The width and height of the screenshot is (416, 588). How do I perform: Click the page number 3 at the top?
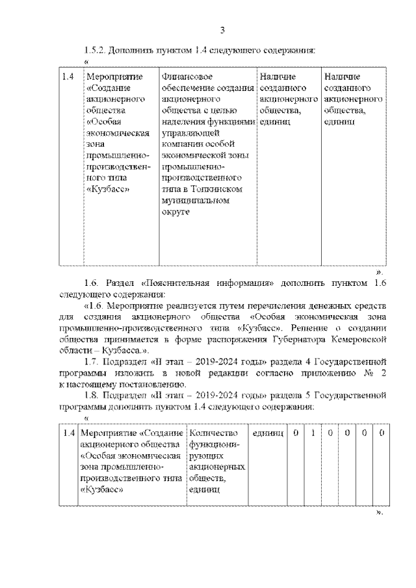(222, 30)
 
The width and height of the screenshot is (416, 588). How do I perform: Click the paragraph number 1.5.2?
(96, 50)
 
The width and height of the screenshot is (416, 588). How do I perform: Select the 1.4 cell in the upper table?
(68, 77)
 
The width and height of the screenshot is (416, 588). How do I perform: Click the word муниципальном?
(195, 200)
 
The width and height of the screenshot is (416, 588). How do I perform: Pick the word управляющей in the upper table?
(185, 133)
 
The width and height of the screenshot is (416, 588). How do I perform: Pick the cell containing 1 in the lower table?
(313, 433)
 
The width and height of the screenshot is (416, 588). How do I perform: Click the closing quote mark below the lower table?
(380, 512)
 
